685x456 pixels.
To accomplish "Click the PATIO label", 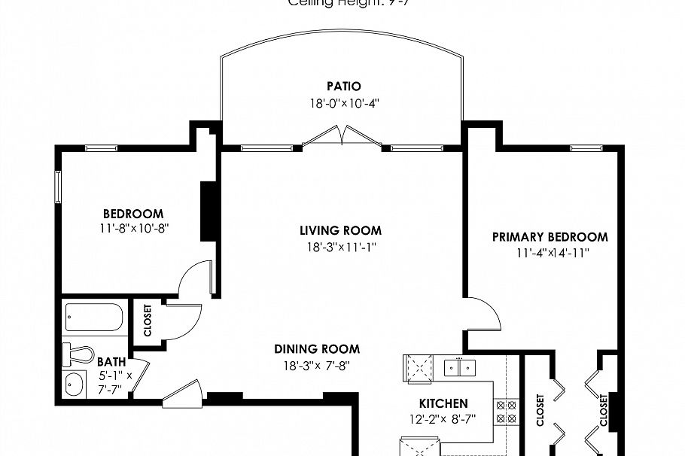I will [343, 87].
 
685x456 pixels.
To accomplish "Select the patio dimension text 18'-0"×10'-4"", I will [342, 105].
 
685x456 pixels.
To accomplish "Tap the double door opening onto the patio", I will [342, 136].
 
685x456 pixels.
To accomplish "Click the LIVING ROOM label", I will [340, 231].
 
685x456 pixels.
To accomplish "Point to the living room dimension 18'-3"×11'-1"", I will [340, 247].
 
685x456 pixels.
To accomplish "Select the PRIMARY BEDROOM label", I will [550, 237].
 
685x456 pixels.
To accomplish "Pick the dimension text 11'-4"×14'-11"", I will [552, 254].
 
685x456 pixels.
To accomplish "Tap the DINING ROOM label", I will [316, 349].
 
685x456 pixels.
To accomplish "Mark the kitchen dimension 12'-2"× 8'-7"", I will [443, 420].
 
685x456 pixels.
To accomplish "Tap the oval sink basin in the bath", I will [74, 384].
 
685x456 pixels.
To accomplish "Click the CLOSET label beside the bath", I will [147, 320].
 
